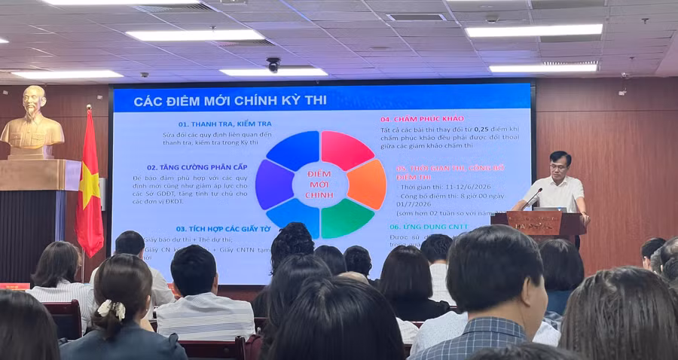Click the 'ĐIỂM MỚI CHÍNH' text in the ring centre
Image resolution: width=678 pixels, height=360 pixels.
320,185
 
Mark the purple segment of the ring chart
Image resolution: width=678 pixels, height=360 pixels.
273,184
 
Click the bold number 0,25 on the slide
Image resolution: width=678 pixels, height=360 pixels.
482,130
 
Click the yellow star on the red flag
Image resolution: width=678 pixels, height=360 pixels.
90,185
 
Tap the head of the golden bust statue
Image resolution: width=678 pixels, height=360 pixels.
34,103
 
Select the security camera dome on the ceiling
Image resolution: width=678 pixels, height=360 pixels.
273,65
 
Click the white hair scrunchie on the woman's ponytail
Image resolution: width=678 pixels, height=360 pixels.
111,309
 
